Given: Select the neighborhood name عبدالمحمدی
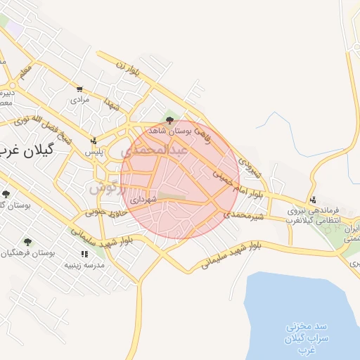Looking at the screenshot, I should click(154, 150).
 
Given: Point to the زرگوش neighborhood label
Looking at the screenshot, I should click(106, 188).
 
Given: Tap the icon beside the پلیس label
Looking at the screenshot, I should click(94, 140).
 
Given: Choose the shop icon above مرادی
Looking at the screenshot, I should click(79, 89).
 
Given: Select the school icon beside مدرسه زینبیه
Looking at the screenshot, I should click(84, 254).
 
